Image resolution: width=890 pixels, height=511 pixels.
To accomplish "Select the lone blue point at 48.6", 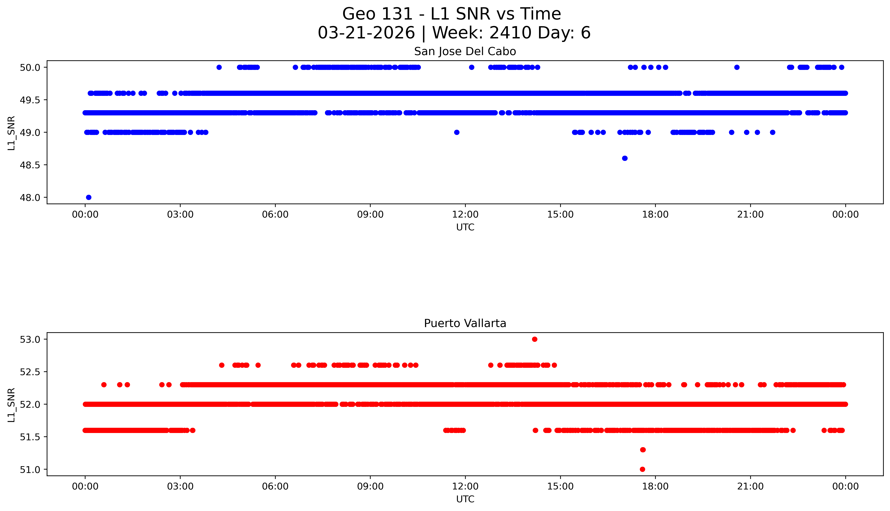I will coord(624,158).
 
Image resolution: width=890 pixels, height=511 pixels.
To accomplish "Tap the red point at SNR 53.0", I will coord(535,339).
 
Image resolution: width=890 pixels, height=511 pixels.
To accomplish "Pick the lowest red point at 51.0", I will coord(642,469).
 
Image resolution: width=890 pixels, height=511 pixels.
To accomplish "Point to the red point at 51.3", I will coord(643,450).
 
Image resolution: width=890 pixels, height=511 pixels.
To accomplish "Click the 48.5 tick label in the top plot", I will coord(30,165).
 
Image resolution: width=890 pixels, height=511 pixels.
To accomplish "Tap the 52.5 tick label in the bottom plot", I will coord(30,372).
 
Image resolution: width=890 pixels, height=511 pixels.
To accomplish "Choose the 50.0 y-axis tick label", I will coord(30,67).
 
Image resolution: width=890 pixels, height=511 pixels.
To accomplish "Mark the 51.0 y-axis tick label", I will coord(30,469).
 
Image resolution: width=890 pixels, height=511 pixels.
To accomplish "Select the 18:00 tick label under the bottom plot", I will coord(655,486).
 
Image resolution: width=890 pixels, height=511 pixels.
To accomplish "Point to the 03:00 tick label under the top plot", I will coord(180,214).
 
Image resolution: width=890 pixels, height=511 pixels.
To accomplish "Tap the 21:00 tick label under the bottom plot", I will coord(750,486).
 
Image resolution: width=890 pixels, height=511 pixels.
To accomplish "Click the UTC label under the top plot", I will coord(465,227).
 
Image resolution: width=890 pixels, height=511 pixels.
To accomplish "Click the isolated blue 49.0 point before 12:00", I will coord(457,132).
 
